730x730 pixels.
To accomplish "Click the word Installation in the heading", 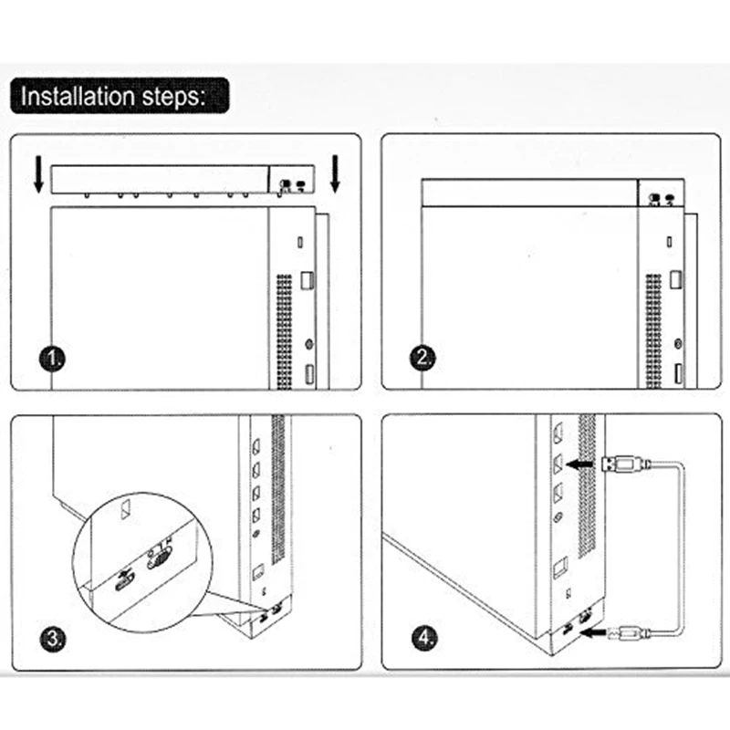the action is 78,97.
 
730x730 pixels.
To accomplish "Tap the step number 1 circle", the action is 53,359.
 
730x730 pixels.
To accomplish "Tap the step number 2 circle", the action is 423,358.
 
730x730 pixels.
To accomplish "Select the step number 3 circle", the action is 53,638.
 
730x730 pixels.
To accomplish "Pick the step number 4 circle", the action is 424,637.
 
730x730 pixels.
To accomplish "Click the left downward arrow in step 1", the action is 39,174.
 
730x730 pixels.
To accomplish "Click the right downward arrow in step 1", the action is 335,174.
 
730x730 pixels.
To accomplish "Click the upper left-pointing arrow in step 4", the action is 579,464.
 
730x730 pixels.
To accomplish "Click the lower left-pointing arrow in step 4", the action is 592,632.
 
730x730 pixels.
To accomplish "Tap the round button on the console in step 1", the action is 308,345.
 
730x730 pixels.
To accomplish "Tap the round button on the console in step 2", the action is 678,344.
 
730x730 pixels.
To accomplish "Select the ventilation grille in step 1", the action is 285,331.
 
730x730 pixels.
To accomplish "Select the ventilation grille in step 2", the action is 653,331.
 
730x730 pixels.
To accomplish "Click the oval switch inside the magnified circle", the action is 159,558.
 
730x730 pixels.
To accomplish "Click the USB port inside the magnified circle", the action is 125,580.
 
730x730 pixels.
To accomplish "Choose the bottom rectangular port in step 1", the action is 309,375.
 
